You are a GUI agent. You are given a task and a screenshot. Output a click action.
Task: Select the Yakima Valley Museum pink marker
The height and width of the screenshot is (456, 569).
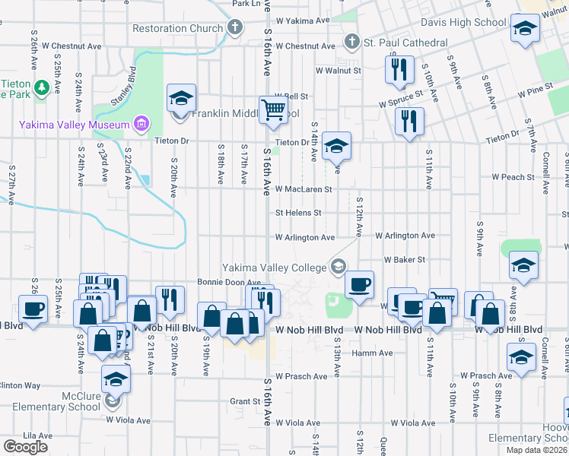[140, 123]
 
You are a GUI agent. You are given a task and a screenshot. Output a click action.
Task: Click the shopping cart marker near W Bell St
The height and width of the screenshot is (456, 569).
[273, 109]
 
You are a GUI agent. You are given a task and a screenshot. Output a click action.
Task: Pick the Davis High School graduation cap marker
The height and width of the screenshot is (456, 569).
[523, 28]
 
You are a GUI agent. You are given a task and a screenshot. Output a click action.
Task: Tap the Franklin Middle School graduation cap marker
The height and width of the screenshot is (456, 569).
[181, 99]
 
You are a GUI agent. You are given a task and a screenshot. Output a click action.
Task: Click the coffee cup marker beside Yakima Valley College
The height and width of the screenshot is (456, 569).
[359, 283]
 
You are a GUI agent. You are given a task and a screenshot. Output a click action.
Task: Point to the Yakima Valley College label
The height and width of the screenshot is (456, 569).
[275, 267]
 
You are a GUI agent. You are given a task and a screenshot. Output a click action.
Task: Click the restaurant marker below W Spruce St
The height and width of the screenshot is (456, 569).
[409, 120]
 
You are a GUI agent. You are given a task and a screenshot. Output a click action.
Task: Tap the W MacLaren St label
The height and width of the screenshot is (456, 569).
[304, 188]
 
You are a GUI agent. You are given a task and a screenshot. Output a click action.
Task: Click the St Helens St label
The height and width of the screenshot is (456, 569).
[299, 213]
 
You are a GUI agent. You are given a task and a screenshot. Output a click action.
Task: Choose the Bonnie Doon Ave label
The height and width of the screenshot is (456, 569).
[225, 282]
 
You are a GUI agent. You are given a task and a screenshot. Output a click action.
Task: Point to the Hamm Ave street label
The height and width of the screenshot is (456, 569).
[372, 353]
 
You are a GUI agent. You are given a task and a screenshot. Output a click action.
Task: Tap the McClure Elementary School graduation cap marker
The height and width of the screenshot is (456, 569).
[116, 378]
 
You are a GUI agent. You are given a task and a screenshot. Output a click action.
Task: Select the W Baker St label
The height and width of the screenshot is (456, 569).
[404, 260]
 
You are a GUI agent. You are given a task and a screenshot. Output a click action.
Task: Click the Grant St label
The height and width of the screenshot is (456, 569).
[246, 401]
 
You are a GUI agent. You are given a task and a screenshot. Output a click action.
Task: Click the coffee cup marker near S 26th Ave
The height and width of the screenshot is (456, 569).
[31, 308]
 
